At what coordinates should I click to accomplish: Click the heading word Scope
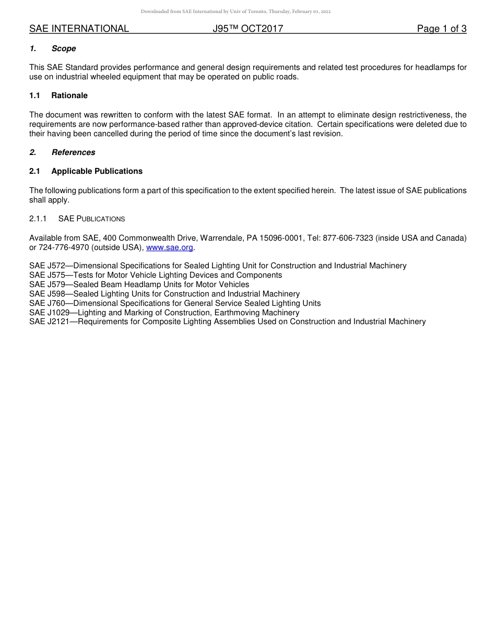pyautogui.click(x=64, y=49)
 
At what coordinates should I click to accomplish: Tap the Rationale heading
pyautogui.click(x=69, y=96)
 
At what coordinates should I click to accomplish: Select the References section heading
pyautogui.click(x=73, y=152)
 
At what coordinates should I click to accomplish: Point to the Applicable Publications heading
pyautogui.click(x=97, y=171)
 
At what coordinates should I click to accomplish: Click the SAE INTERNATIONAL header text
pyautogui.click(x=79, y=29)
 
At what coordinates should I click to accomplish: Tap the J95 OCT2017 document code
pyautogui.click(x=248, y=29)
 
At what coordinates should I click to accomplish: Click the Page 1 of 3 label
pyautogui.click(x=441, y=29)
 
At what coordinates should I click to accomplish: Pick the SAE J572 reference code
pyautogui.click(x=47, y=266)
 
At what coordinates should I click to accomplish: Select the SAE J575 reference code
pyautogui.click(x=47, y=275)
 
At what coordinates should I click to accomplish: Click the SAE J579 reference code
pyautogui.click(x=47, y=284)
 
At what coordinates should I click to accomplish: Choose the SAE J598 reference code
pyautogui.click(x=47, y=294)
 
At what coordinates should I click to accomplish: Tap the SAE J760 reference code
pyautogui.click(x=47, y=303)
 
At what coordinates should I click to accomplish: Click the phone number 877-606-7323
pyautogui.click(x=348, y=238)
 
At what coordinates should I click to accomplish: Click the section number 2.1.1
pyautogui.click(x=38, y=219)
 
